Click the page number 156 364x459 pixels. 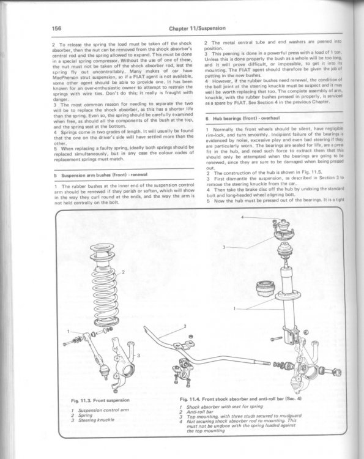pyautogui.click(x=56, y=28)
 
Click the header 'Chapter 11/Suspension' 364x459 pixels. pyautogui.click(x=197, y=28)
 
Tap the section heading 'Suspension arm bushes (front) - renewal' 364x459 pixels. pyautogui.click(x=104, y=175)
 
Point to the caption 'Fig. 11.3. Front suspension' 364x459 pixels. pyautogui.click(x=100, y=400)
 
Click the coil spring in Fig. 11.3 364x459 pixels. pyautogui.click(x=105, y=296)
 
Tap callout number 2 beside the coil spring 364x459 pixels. pyautogui.click(x=123, y=272)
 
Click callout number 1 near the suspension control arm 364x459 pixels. pyautogui.click(x=68, y=331)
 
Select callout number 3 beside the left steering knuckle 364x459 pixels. pyautogui.click(x=139, y=356)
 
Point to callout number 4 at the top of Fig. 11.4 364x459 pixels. pyautogui.click(x=243, y=217)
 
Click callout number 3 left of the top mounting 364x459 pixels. pyautogui.click(x=224, y=247)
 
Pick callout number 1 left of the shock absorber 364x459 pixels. pyautogui.click(x=234, y=308)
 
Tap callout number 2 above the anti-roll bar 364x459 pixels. pyautogui.click(x=185, y=326)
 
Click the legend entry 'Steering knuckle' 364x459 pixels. pyautogui.click(x=96, y=420)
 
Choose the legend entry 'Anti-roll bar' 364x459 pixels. pyautogui.click(x=200, y=411)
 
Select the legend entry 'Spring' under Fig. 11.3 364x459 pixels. pyautogui.click(x=85, y=415)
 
